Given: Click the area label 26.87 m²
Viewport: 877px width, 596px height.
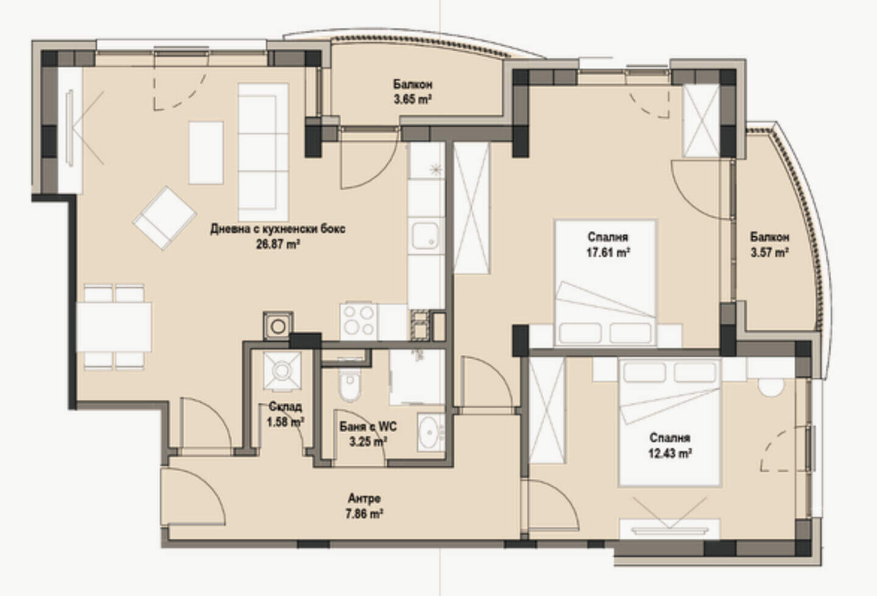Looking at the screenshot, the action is coord(278,244).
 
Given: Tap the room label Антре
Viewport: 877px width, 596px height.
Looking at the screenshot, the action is coord(364,498).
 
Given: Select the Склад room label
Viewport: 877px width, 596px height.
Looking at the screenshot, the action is coord(285,406).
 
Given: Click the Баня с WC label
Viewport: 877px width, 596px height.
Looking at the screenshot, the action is coord(368,427).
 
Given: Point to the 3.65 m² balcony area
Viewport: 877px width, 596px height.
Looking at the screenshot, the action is coord(413,99).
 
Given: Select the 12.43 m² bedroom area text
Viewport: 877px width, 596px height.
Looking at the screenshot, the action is coord(669,453).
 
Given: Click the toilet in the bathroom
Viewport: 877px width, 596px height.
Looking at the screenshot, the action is coord(349,383).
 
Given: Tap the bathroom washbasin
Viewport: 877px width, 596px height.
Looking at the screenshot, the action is coord(431,432).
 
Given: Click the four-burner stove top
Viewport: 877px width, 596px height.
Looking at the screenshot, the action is coord(359,321).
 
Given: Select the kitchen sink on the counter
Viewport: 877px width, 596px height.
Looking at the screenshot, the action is coord(426,236).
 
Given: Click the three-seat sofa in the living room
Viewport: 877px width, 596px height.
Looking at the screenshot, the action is coord(264,152).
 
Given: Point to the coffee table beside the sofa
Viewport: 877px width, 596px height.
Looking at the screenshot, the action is coord(206,152).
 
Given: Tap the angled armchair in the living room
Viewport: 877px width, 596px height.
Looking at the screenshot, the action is coord(164,218).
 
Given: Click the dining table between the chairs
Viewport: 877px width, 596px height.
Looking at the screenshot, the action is coord(114,327).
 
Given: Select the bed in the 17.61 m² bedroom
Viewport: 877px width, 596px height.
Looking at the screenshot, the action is coord(605,283).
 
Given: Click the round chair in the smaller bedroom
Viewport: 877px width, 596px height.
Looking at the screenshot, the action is coord(771,387).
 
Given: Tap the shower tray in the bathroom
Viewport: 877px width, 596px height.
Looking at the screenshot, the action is coord(417,377).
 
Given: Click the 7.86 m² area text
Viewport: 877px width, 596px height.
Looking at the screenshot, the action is coord(364,514).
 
